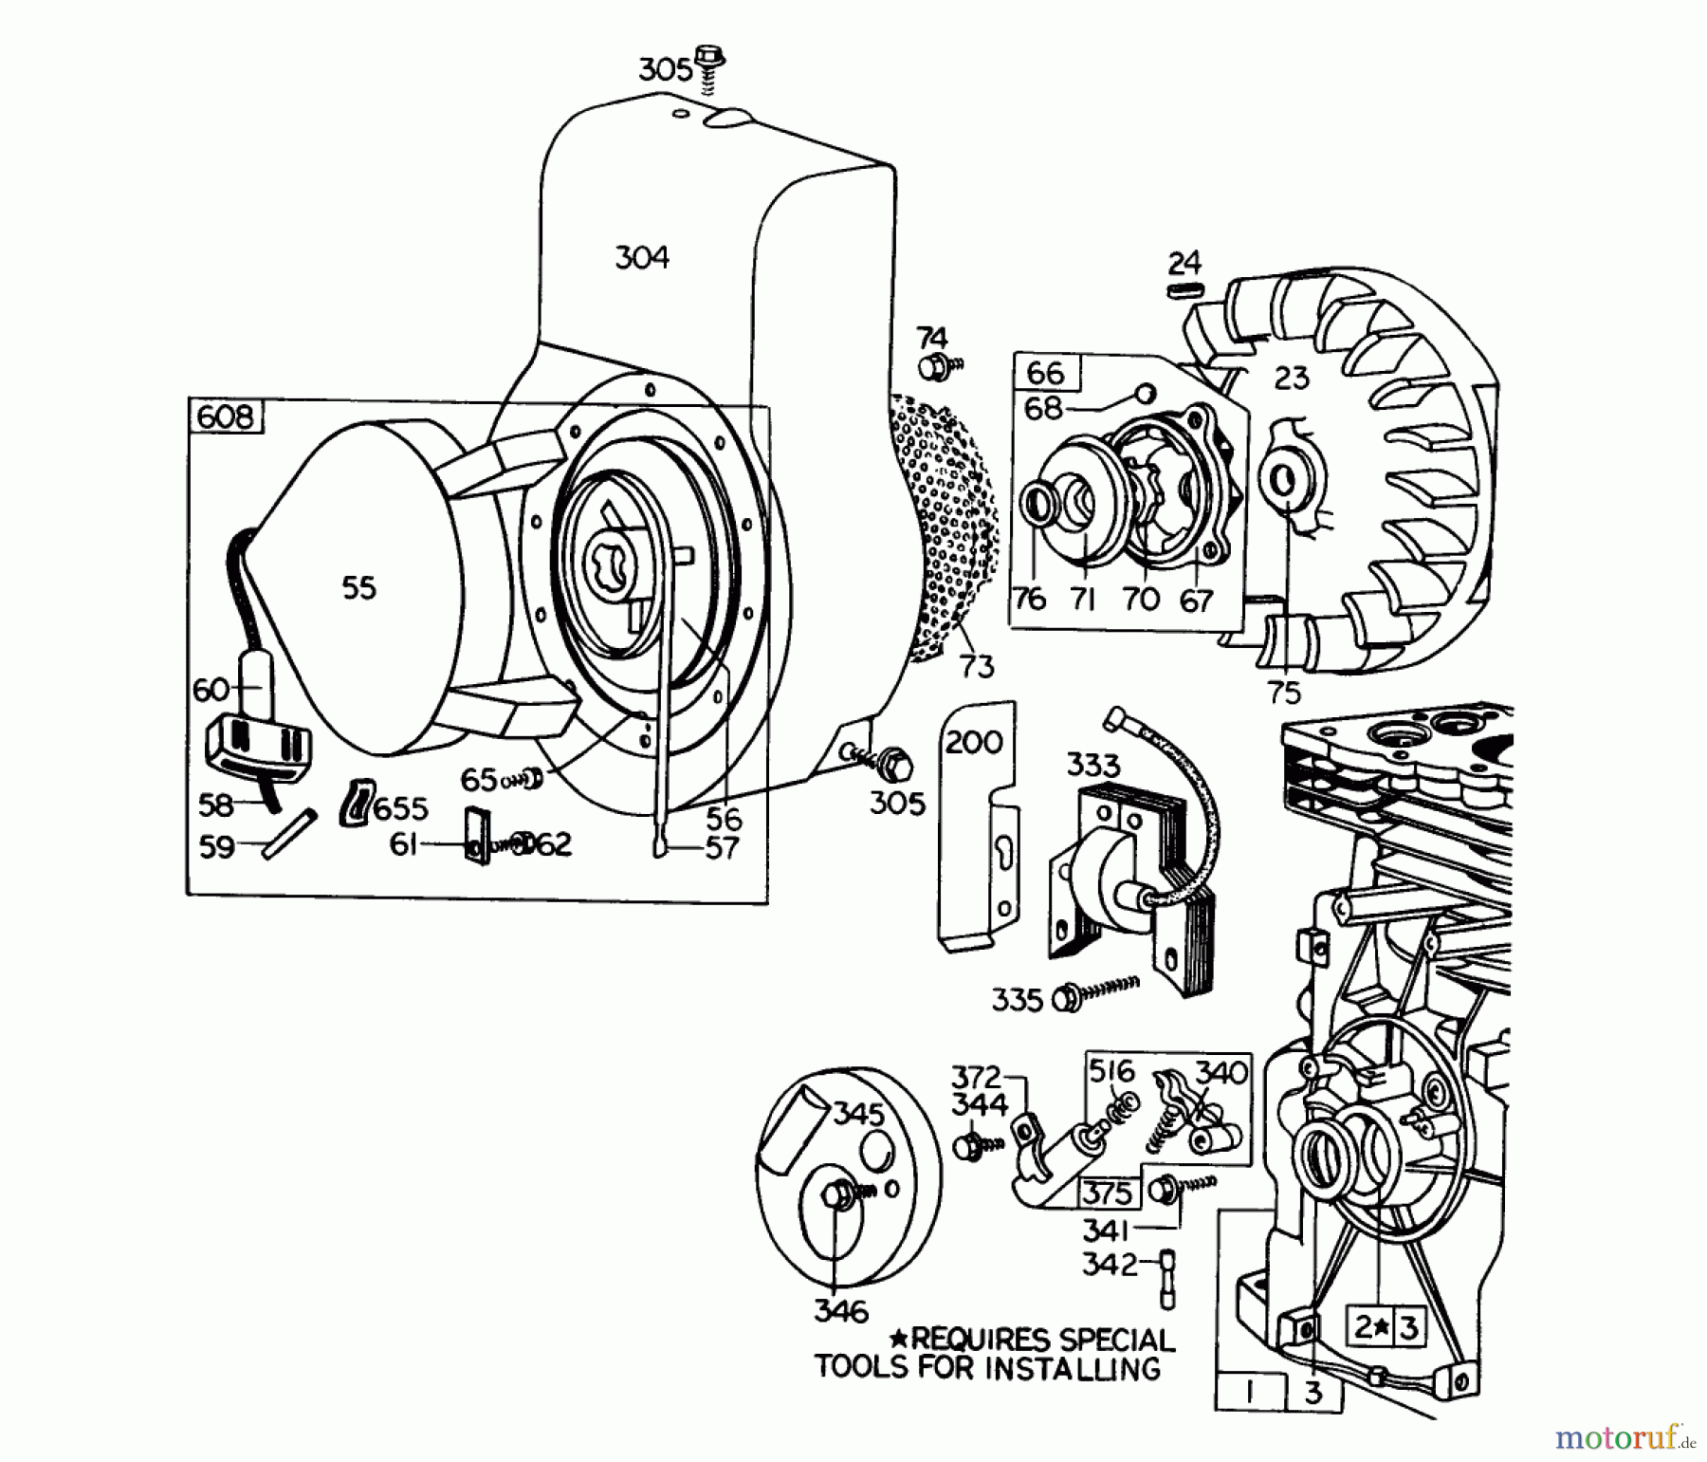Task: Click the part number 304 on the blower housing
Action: point(642,257)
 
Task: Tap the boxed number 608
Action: point(226,416)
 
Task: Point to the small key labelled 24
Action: point(1184,289)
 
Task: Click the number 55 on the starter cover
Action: point(359,588)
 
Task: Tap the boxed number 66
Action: point(1046,372)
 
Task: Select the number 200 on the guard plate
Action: point(974,741)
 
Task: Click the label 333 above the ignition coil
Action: point(1092,765)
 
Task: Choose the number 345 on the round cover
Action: point(857,1113)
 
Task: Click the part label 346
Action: point(840,1311)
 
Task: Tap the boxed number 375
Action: point(1108,1192)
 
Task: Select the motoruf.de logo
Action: point(1624,1437)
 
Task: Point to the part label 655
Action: point(400,808)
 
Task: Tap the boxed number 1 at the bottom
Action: point(1251,1392)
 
